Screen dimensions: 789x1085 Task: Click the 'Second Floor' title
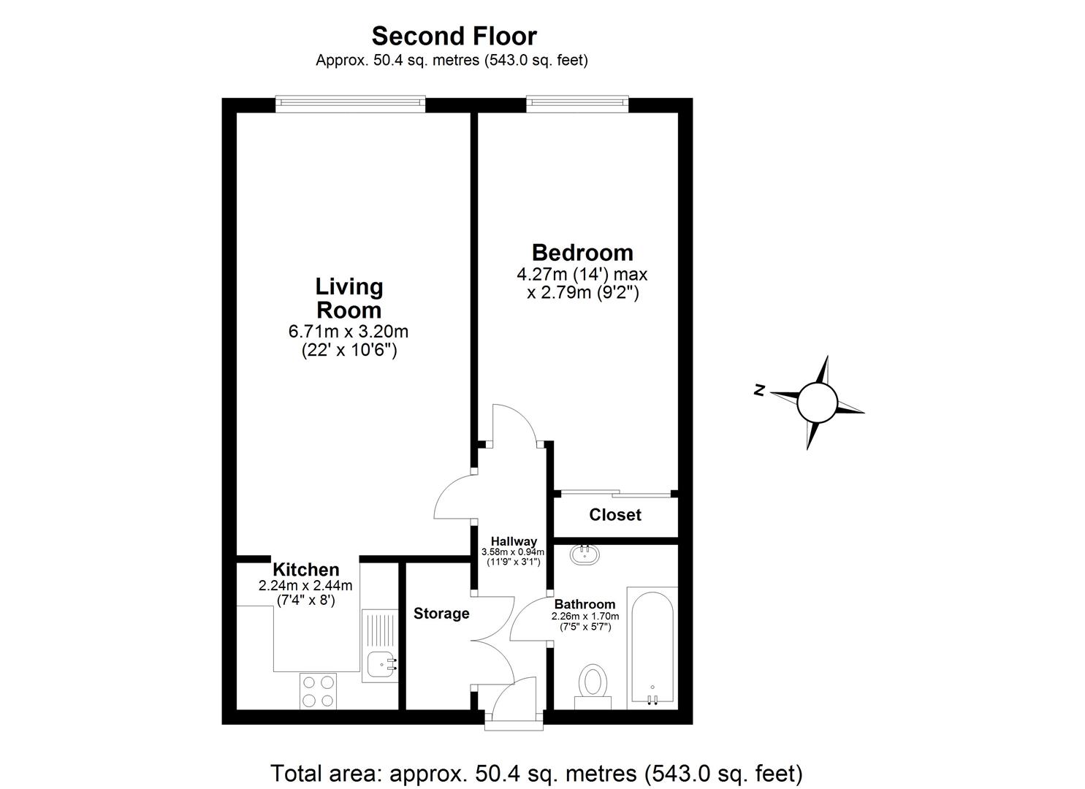pyautogui.click(x=454, y=36)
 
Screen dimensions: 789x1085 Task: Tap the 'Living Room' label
pyautogui.click(x=349, y=297)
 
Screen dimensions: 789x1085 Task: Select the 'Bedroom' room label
pyautogui.click(x=582, y=253)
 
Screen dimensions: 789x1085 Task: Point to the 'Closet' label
pyautogui.click(x=615, y=515)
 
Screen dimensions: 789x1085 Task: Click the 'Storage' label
pyautogui.click(x=441, y=614)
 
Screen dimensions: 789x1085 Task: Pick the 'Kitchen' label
pyautogui.click(x=305, y=570)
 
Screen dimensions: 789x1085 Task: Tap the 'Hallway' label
pyautogui.click(x=514, y=541)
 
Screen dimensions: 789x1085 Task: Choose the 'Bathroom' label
pyautogui.click(x=585, y=604)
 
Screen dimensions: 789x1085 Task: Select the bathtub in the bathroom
pyautogui.click(x=652, y=646)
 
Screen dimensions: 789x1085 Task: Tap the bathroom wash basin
pyautogui.click(x=585, y=555)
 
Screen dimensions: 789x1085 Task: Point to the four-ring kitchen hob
pyautogui.click(x=319, y=690)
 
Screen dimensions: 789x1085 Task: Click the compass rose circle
pyautogui.click(x=816, y=402)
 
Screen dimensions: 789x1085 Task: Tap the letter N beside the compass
pyautogui.click(x=759, y=390)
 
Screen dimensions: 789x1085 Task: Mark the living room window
pyautogui.click(x=350, y=104)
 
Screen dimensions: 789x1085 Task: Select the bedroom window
pyautogui.click(x=577, y=104)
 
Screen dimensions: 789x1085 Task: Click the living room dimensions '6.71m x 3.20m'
pyautogui.click(x=349, y=332)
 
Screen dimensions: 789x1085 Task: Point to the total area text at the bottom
pyautogui.click(x=536, y=772)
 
